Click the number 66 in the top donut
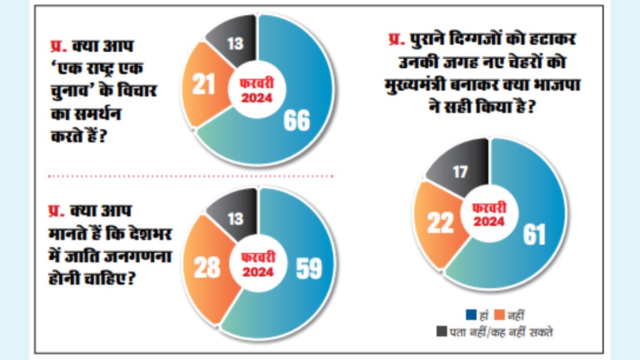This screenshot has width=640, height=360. click(297, 121)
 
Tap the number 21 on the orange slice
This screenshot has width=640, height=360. click(203, 85)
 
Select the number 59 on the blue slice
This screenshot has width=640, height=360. click(309, 269)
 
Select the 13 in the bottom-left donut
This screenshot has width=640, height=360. click(236, 219)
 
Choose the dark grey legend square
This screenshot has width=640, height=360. click(442, 332)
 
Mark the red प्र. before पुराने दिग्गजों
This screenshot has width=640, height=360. click(398, 41)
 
